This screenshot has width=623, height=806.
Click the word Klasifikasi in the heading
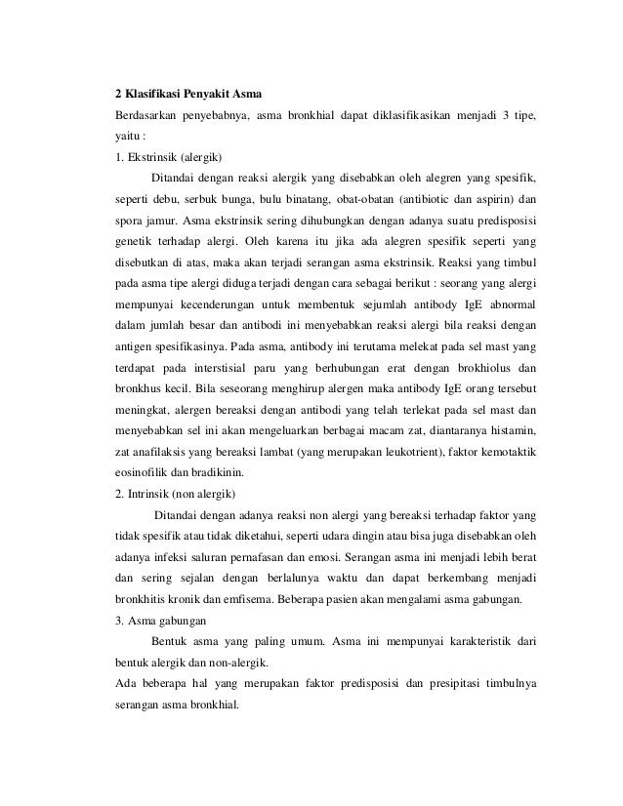point(153,96)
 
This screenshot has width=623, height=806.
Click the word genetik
point(134,240)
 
